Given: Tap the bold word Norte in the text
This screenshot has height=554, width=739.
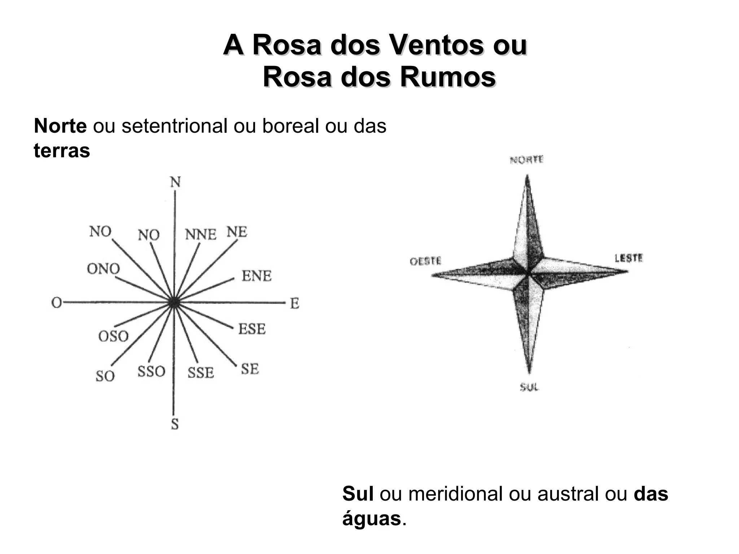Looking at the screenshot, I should point(60,126).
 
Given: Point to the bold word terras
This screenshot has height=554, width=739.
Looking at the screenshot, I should point(62,150).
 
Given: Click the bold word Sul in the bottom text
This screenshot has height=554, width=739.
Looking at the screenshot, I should point(358,493).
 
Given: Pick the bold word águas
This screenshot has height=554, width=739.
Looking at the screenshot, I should point(372,519).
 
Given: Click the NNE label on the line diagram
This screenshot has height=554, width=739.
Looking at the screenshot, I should point(201,235).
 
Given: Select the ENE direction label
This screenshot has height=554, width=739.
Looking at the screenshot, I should point(256,276).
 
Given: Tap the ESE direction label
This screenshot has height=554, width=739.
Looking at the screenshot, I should point(252,329).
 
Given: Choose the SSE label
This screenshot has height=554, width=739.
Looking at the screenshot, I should point(201,373).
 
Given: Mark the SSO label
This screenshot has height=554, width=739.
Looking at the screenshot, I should point(151,371).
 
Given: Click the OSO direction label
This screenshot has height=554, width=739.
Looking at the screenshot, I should point(113,337).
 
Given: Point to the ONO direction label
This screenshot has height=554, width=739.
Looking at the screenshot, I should point(103,269).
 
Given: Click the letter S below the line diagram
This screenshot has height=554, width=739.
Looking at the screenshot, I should point(175,425).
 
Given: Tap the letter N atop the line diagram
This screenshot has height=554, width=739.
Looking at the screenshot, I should point(175,183).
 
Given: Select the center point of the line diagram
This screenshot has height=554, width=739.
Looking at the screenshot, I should point(174,303).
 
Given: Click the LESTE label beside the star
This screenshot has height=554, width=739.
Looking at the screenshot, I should point(629,258).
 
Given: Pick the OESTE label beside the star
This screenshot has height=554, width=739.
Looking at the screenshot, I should point(425,261).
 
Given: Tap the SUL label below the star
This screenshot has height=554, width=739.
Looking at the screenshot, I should point(529,387).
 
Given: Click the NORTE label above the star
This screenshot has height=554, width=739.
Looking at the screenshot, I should point(526,160).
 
